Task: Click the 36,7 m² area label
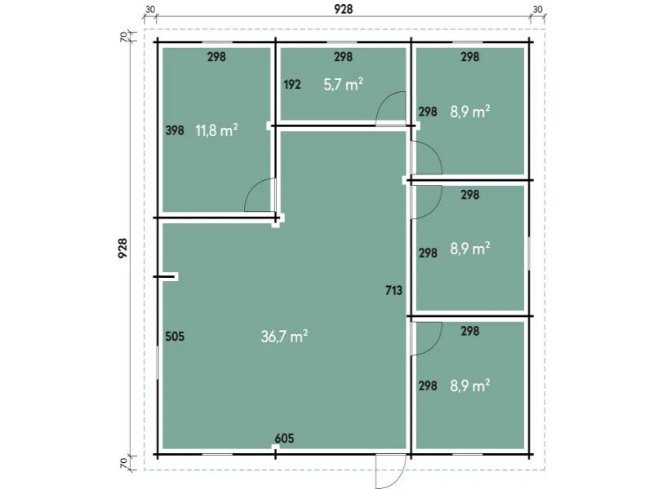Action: pos(284,337)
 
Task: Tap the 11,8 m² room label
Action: pos(216,130)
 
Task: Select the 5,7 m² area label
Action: pos(343,85)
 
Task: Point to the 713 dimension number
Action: pos(394,290)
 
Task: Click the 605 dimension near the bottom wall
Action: pos(284,438)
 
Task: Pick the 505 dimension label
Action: pos(175,337)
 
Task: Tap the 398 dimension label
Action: pos(175,130)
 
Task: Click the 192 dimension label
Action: pos(292,85)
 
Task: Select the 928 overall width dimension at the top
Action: pos(343,9)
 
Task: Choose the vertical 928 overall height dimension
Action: pos(122,249)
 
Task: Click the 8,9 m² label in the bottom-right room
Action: pos(470,385)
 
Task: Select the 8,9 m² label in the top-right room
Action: pos(470,112)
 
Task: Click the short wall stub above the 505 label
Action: pos(166,276)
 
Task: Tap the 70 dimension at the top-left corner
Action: pos(124,37)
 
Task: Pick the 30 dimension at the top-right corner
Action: pos(538,9)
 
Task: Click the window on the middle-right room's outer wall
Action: pos(529,253)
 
